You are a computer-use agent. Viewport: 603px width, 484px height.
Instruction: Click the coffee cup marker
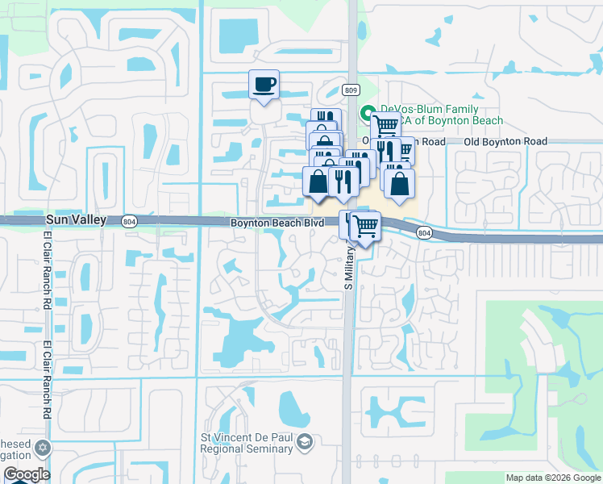point(263,85)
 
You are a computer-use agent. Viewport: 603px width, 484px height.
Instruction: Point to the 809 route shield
point(349,90)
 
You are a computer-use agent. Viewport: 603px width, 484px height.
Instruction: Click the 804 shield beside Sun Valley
point(130,220)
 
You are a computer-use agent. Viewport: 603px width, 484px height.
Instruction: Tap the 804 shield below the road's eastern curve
point(423,233)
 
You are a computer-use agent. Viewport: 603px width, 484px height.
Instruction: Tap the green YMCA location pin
point(367,114)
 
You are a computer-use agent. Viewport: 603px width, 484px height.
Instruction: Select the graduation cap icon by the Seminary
point(305,441)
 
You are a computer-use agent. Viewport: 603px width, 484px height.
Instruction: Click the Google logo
point(26,474)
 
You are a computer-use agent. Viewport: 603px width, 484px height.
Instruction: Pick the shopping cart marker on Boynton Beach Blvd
point(365,226)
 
